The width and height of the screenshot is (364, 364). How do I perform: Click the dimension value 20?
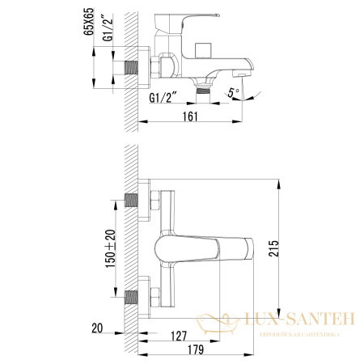pos(97,328)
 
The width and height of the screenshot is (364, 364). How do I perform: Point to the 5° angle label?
pos(233,91)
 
